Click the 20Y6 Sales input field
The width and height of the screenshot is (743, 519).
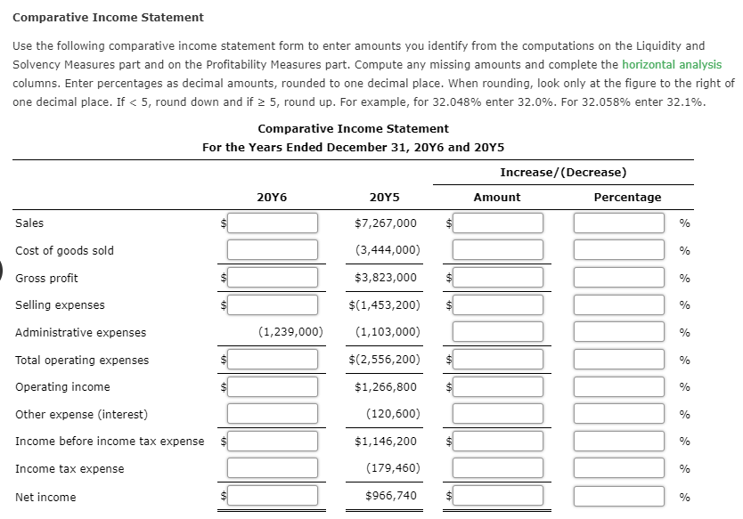pyautogui.click(x=272, y=223)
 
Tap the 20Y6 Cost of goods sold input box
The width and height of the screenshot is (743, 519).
pyautogui.click(x=272, y=250)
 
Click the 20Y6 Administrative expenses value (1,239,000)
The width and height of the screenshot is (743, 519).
pyautogui.click(x=290, y=332)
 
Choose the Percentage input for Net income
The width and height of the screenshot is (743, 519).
pyautogui.click(x=619, y=496)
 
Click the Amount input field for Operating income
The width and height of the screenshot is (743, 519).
pyautogui.click(x=497, y=387)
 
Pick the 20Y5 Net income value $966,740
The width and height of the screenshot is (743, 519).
pyautogui.click(x=390, y=496)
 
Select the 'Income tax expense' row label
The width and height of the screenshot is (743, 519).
pyautogui.click(x=69, y=469)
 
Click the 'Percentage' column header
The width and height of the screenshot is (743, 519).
pyautogui.click(x=627, y=197)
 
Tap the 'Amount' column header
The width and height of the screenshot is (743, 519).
pyautogui.click(x=497, y=197)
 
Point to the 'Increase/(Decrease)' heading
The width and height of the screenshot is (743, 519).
pyautogui.click(x=563, y=172)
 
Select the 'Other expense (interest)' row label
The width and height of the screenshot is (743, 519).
pyautogui.click(x=81, y=414)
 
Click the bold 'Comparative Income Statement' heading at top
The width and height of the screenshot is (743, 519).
pyautogui.click(x=108, y=17)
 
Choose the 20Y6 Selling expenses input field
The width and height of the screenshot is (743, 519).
pyautogui.click(x=272, y=304)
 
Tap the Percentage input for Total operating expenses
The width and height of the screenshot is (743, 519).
pyautogui.click(x=619, y=360)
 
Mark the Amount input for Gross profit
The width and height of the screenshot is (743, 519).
pyautogui.click(x=497, y=278)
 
